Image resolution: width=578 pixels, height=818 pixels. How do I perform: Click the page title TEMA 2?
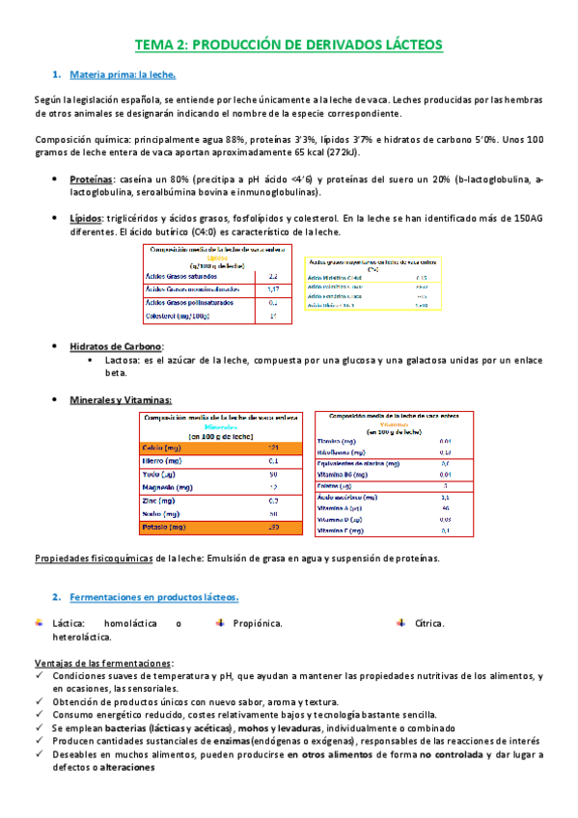[x=289, y=44]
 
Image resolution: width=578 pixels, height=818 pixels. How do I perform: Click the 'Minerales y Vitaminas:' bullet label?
[x=122, y=399]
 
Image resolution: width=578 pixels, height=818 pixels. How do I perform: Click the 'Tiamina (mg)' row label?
[x=339, y=441]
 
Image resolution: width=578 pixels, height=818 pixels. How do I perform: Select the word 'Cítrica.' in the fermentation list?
[x=429, y=623]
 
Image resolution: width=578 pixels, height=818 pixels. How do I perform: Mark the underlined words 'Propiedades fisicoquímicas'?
[x=94, y=559]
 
